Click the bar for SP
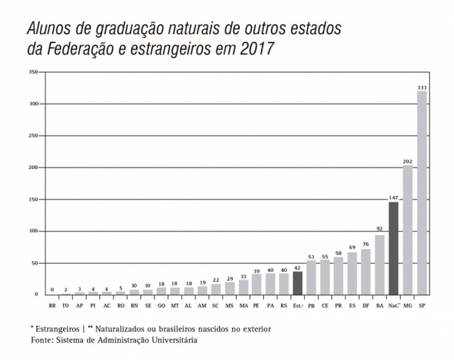[x=422, y=192]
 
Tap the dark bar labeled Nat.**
[x=394, y=248]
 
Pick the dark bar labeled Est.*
[x=298, y=283]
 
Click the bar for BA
[x=380, y=264]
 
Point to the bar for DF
[x=366, y=271]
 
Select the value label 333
[x=422, y=87]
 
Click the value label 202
[x=408, y=161]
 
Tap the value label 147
[x=394, y=197]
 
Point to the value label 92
[x=380, y=229]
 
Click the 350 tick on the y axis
[x=33, y=72]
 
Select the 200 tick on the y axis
[x=33, y=168]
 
